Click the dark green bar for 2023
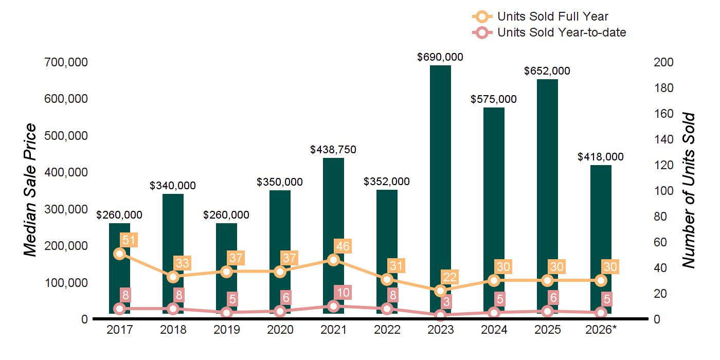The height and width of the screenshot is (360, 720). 440,189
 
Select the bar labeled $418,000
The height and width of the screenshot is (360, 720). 601,239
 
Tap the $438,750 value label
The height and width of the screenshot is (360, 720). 333,150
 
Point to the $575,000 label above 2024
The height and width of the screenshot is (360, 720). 494,99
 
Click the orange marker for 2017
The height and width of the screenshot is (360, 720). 119,254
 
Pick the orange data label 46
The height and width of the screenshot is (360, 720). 343,246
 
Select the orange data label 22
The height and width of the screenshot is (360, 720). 449,277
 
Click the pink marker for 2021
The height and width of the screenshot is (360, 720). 333,306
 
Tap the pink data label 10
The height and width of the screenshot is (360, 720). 343,293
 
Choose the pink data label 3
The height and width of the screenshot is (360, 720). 446,302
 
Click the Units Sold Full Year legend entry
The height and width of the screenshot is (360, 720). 541,16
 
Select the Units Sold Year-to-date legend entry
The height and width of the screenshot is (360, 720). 549,32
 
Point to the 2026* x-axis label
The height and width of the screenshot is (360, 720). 601,330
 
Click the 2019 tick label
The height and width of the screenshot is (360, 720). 227,330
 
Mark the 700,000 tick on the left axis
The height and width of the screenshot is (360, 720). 66,62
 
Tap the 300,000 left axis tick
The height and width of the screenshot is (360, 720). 66,209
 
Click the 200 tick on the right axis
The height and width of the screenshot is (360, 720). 663,62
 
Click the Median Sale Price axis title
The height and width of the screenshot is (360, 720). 30,190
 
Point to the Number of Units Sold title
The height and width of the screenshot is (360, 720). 688,190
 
